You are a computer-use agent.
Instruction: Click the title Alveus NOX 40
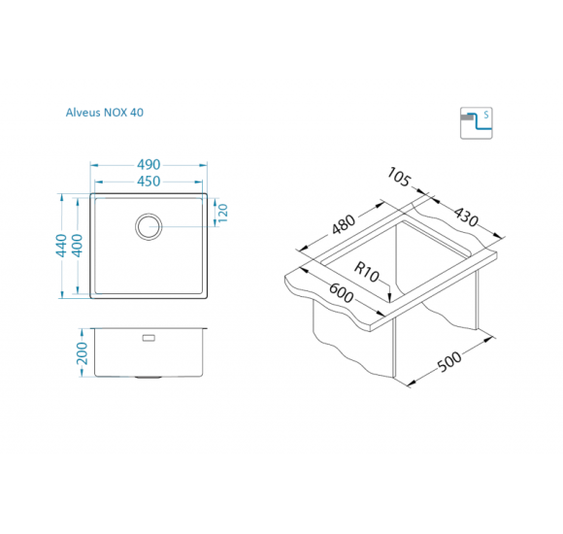click(105, 113)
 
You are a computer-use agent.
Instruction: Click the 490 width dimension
click(149, 165)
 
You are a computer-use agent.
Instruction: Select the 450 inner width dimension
click(149, 182)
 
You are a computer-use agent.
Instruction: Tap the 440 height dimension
click(61, 246)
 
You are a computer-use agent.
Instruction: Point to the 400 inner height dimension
click(78, 246)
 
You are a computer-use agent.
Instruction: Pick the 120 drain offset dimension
click(222, 213)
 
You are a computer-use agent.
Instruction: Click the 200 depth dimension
click(83, 353)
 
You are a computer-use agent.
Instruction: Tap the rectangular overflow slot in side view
click(149, 338)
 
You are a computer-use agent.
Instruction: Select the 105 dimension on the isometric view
click(399, 178)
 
